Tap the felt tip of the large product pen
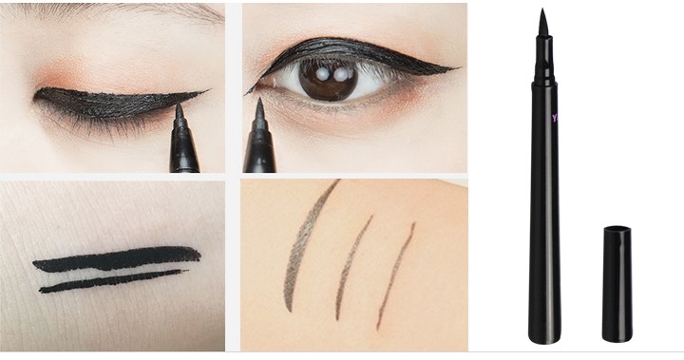coord(543,22)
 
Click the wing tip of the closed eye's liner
coord(205,92)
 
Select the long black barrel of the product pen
coord(544,190)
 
